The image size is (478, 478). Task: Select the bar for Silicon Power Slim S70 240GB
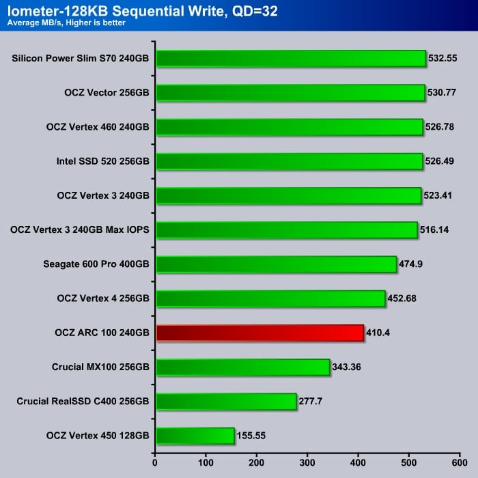291,59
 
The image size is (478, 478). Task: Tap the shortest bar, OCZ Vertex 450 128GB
195,436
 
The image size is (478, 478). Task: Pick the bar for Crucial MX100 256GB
243,367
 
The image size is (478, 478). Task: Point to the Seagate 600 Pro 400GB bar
276,264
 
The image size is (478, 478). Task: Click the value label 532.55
442,59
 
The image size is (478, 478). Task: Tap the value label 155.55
252,436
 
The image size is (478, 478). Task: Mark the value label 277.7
313,402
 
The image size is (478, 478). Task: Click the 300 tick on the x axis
307,462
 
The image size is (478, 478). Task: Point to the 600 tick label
460,462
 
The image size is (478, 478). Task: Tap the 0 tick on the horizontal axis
156,462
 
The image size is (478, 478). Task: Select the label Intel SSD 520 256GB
103,162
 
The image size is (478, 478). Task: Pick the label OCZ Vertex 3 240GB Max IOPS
80,230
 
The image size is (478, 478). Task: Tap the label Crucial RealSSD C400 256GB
83,402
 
